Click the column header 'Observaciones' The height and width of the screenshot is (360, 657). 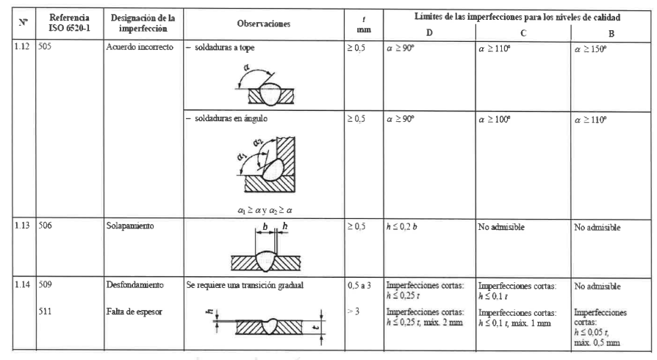(x=262, y=24)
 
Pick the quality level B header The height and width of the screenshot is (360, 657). (x=611, y=32)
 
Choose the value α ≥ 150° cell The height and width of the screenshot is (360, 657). (x=596, y=48)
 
